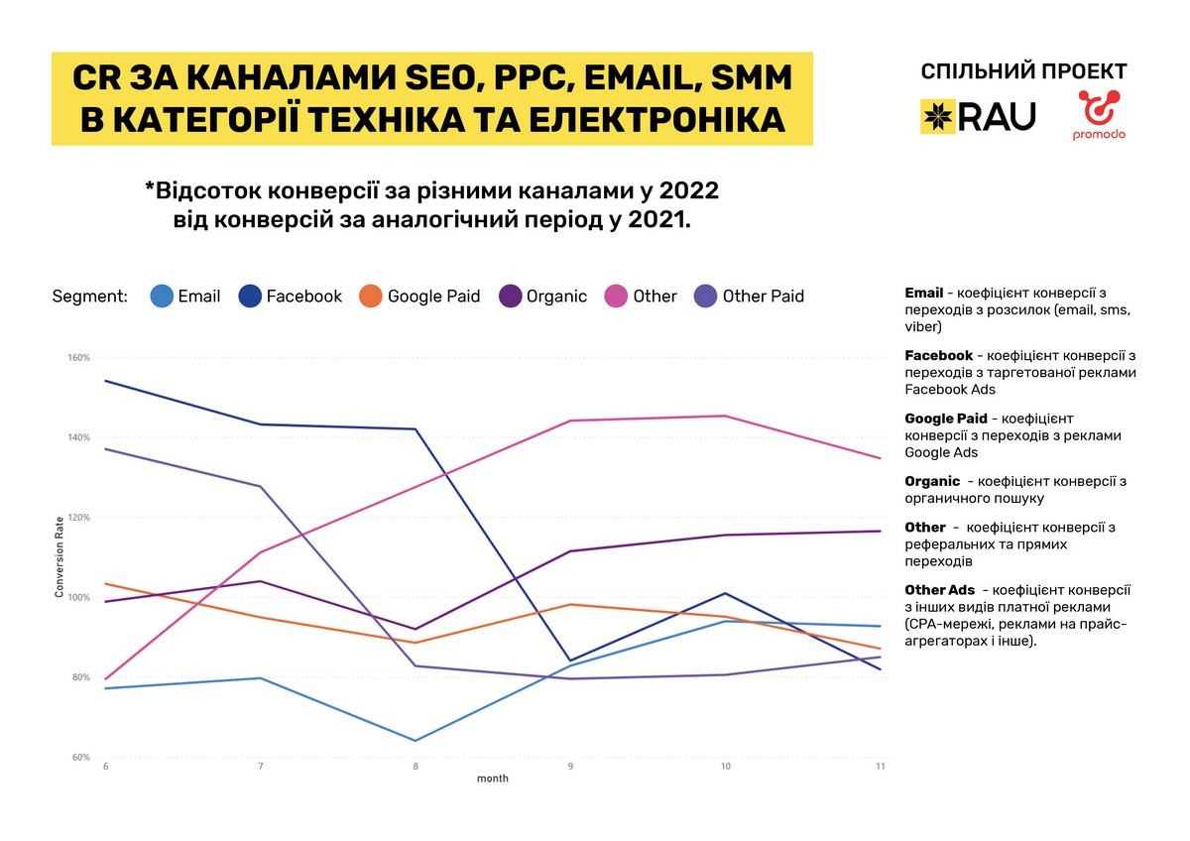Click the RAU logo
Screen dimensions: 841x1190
(978, 116)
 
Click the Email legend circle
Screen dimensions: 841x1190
(162, 296)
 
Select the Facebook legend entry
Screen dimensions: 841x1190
(291, 296)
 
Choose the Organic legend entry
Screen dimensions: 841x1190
(542, 296)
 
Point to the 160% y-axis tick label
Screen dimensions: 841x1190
(79, 358)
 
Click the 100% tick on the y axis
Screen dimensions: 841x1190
(79, 598)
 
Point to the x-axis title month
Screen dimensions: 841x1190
(493, 780)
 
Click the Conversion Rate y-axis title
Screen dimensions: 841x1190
(59, 557)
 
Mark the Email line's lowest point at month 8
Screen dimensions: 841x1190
(416, 740)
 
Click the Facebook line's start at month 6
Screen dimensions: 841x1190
(105, 381)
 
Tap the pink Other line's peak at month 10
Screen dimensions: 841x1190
(726, 416)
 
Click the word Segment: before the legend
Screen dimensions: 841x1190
(89, 296)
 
